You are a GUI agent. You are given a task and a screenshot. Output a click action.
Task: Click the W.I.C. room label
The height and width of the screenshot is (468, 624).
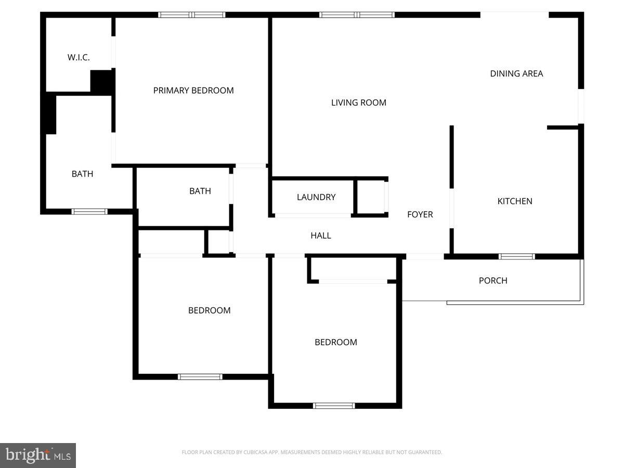coord(79,58)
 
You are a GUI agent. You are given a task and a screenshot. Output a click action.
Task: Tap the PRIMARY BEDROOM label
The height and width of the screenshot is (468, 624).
coord(193,90)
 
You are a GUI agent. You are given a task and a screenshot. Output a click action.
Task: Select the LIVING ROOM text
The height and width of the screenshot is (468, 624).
coord(359,103)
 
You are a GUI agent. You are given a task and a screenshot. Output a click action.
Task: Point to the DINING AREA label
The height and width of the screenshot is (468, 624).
coord(516,74)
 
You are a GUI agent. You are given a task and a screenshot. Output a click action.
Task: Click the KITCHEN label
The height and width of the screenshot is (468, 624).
coord(515,201)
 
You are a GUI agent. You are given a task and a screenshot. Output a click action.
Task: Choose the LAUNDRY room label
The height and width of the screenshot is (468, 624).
coord(316,197)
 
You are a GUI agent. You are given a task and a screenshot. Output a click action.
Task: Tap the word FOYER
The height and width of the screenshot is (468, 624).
coord(420,214)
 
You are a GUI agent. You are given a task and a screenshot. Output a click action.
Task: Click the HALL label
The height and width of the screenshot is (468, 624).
coord(321,236)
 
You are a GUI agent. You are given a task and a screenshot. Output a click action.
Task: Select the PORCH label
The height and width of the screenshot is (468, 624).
coord(493,281)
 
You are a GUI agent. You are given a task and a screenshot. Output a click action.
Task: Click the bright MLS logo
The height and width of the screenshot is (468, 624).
coord(38,456)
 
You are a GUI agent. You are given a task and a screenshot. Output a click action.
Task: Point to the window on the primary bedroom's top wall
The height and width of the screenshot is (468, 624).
coord(192,15)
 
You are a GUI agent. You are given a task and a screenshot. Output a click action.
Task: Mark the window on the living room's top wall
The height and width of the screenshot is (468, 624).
coord(357,15)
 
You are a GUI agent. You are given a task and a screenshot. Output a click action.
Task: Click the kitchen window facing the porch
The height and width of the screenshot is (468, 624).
coord(517,256)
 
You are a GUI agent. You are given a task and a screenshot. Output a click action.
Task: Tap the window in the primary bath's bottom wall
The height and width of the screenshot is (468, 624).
coord(89,212)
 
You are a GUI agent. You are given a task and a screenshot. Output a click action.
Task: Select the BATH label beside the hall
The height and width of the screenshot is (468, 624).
coord(200,191)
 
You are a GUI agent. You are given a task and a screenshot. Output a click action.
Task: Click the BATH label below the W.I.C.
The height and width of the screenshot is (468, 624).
coord(83,174)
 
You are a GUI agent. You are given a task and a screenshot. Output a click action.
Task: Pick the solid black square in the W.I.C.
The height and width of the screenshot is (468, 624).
coord(102,82)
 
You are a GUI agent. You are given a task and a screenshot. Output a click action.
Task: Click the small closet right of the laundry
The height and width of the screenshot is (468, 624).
coord(371,197)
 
